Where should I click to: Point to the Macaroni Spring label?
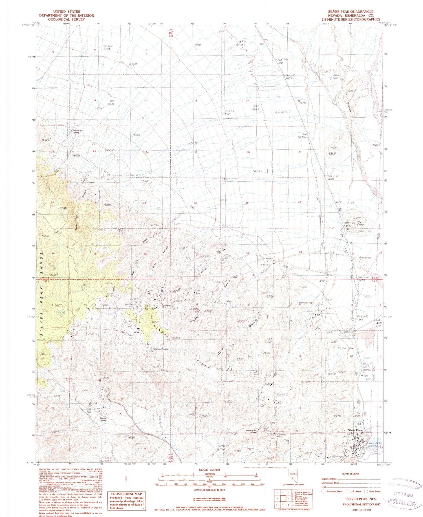[x=76, y=131]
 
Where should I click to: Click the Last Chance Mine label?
[x=194, y=310]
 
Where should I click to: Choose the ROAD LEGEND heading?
[x=351, y=474]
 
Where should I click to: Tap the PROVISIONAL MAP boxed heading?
[x=126, y=494]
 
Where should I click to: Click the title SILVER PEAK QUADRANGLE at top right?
[x=351, y=12]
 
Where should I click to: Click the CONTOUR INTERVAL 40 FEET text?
[x=209, y=490]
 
